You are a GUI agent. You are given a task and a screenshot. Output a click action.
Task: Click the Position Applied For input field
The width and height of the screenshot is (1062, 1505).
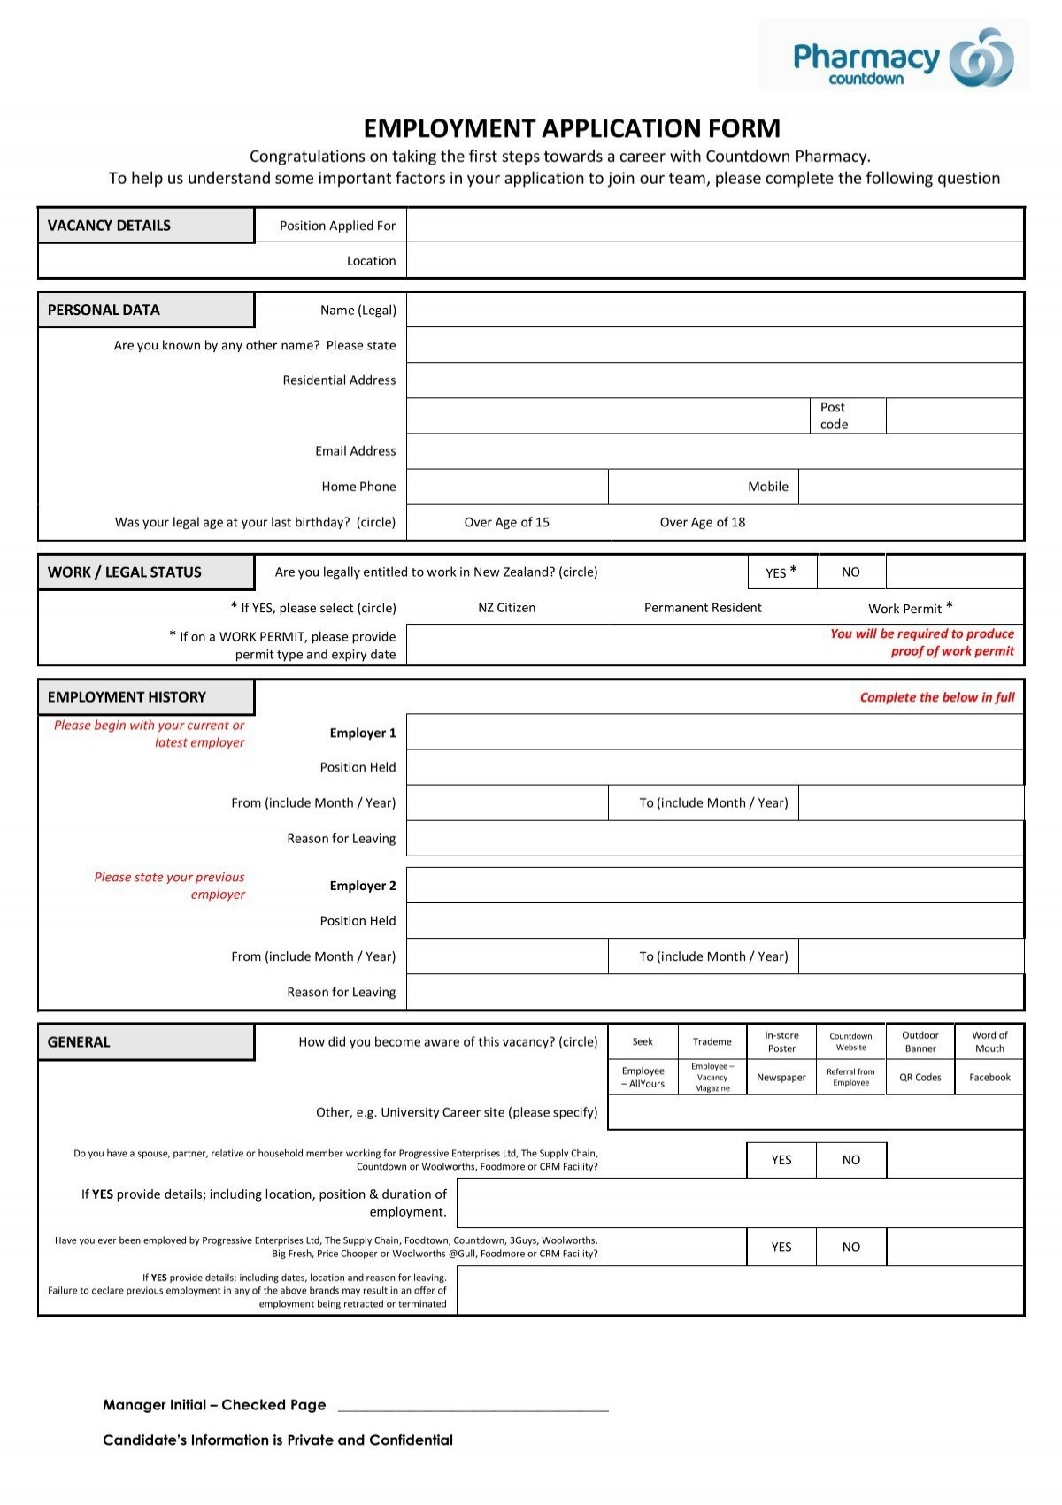click(x=714, y=226)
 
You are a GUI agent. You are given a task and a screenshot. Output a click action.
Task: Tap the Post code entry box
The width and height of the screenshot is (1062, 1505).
click(x=954, y=416)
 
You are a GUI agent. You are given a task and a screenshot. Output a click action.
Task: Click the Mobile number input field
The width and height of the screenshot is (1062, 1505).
click(x=910, y=487)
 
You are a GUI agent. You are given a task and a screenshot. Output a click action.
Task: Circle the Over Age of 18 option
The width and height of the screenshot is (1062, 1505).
click(x=703, y=522)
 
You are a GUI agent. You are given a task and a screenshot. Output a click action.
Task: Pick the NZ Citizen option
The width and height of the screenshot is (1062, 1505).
click(x=506, y=608)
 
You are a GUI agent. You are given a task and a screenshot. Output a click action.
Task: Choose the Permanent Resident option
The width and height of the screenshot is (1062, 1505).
click(x=703, y=608)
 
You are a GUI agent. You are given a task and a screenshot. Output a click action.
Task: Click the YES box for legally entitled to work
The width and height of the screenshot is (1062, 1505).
click(x=781, y=572)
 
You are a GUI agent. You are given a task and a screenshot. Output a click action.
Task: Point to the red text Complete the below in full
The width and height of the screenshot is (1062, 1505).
click(x=936, y=697)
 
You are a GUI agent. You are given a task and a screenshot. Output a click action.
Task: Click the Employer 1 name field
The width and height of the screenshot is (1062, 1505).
click(x=714, y=733)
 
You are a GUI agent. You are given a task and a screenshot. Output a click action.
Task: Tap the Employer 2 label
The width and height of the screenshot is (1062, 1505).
click(x=363, y=886)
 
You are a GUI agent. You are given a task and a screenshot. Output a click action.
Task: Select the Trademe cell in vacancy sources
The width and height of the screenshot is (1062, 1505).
click(x=712, y=1042)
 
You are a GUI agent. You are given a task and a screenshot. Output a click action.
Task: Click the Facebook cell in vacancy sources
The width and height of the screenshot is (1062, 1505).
click(x=989, y=1078)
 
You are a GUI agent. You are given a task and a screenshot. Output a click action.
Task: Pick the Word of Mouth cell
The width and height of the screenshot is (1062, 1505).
click(x=989, y=1042)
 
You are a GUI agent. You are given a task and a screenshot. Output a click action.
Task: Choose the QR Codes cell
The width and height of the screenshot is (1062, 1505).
click(x=920, y=1078)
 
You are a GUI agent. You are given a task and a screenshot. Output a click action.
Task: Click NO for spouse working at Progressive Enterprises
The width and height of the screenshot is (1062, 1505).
click(x=850, y=1160)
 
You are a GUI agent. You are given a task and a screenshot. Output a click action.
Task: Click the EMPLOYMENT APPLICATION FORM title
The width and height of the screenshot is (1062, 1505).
click(x=572, y=129)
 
